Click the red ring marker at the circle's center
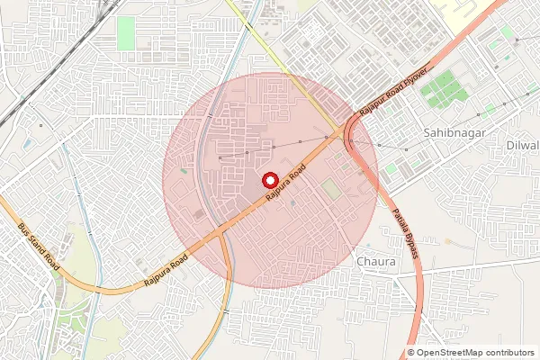point(269,180)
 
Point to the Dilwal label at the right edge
point(523,145)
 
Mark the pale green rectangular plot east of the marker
point(330,191)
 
